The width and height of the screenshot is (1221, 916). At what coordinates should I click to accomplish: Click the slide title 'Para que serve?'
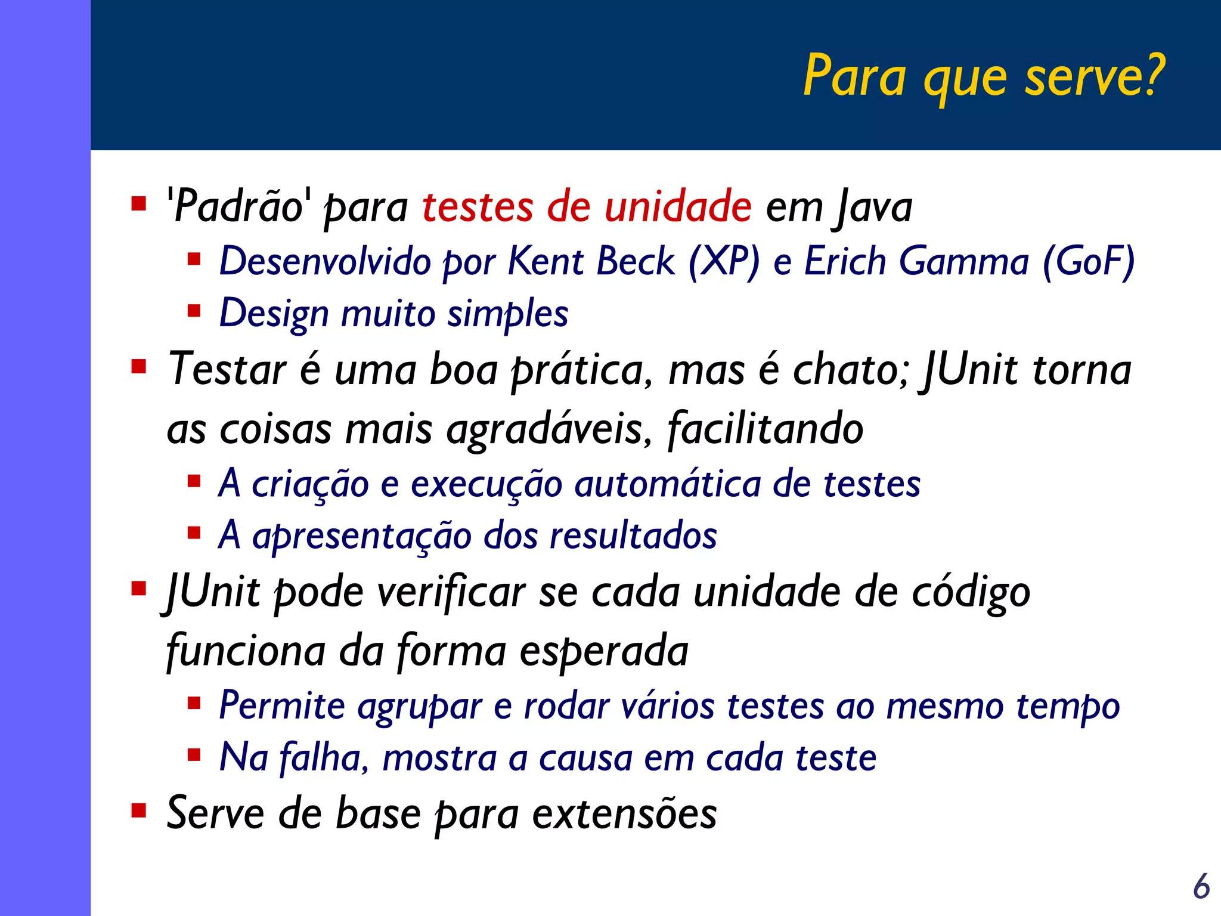[984, 76]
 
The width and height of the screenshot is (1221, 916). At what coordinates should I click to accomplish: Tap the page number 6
[1201, 886]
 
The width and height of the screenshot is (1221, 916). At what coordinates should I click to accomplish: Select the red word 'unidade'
[678, 206]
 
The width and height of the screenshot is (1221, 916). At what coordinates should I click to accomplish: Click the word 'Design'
[274, 314]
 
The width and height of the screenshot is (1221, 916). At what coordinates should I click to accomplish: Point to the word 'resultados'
[633, 535]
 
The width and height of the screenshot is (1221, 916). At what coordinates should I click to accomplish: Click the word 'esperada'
[604, 650]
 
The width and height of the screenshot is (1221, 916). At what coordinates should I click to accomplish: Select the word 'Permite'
[282, 705]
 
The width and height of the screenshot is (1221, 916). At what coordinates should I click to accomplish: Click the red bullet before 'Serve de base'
[139, 810]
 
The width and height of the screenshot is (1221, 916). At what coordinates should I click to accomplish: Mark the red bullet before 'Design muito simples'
[194, 311]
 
